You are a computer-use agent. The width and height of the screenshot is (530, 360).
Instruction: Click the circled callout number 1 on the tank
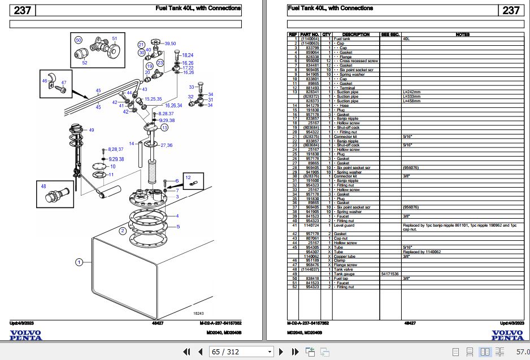point(79,262)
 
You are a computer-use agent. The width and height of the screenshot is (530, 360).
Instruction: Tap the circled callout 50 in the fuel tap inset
point(79,40)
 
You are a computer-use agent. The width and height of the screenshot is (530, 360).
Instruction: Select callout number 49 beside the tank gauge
point(91,130)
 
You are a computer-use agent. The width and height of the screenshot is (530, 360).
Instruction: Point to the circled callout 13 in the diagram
point(164,128)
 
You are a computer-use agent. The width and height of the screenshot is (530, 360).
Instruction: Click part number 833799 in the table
point(312,47)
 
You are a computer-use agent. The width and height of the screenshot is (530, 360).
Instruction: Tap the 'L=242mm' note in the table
point(411,92)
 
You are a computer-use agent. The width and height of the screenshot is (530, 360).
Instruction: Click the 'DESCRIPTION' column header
point(355,34)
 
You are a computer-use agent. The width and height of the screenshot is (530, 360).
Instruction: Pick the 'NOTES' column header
point(462,34)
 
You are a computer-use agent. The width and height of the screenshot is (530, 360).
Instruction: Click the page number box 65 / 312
point(233,352)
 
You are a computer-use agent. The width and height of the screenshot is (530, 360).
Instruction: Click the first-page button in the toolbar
point(186,352)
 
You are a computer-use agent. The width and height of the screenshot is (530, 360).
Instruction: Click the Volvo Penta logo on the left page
point(25,335)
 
